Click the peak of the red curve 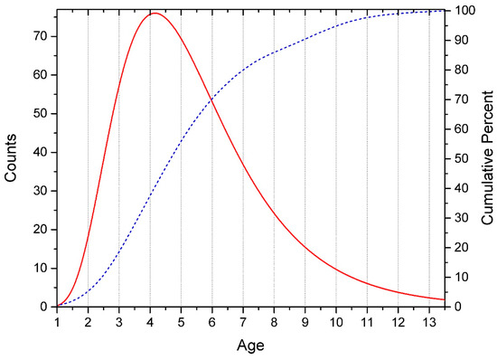click(154, 14)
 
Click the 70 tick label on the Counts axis click(42, 36)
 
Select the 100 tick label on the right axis click(464, 11)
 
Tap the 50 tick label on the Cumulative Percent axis click(462, 159)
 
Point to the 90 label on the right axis click(462, 41)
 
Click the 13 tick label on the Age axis click(428, 322)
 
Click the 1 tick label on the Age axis click(57, 322)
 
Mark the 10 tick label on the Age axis click(336, 322)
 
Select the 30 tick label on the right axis click(462, 218)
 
